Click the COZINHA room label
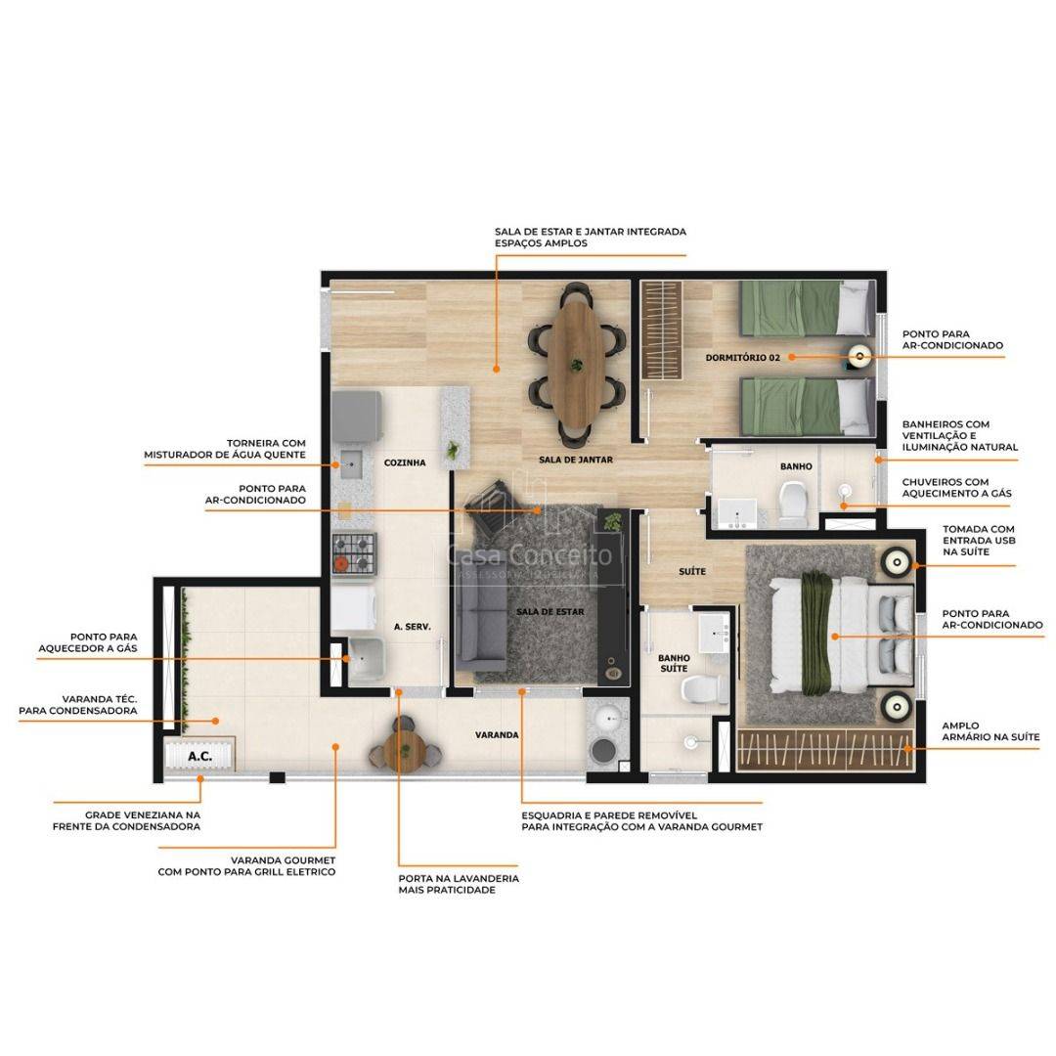405,462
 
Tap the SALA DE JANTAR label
576,460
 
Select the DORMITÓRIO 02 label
742,358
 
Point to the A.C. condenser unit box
200,756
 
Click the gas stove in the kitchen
354,553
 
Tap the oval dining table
576,365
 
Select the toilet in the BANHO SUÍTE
704,689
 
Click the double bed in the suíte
842,635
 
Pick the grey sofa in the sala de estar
481,628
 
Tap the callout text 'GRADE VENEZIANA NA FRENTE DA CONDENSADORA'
126,820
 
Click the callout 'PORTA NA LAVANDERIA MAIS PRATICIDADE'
459,884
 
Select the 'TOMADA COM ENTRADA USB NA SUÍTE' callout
979,540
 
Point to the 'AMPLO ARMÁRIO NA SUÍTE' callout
990,731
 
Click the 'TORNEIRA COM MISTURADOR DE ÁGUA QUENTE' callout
225,449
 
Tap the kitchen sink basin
352,464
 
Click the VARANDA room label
497,734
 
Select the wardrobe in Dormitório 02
661,330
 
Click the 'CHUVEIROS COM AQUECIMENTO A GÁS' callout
957,488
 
